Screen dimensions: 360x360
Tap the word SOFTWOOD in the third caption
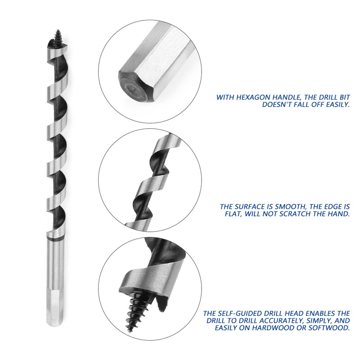tap(326, 328)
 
